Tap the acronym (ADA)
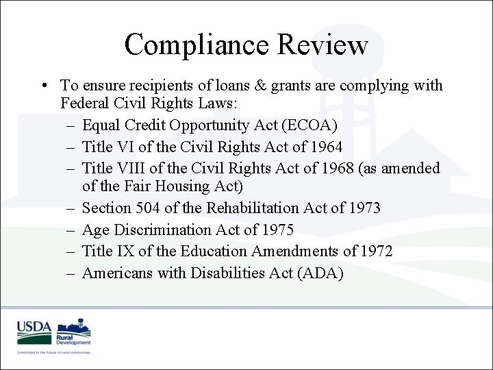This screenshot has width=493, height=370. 318,273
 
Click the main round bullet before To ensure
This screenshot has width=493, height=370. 43,86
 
